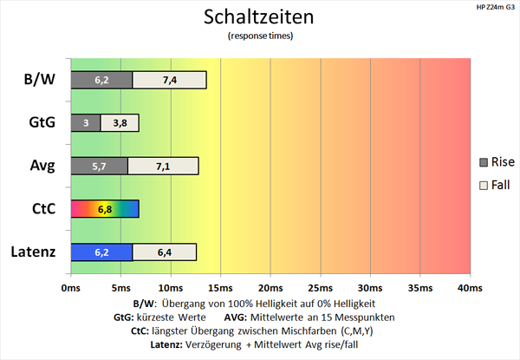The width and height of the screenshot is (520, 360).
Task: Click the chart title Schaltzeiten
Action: coord(259,17)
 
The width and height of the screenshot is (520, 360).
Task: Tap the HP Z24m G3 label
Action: coord(492,7)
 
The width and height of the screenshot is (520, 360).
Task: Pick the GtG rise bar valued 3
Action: coord(85,123)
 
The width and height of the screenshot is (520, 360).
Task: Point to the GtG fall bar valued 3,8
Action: coord(120,123)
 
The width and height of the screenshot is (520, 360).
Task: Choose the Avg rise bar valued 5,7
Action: coord(99,166)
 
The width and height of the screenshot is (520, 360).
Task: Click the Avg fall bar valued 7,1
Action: coord(163,166)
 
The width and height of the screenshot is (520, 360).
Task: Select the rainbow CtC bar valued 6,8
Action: coord(104,209)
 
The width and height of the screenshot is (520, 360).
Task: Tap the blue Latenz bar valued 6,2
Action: coord(101,252)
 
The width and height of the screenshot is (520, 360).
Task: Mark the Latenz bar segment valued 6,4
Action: coord(165,252)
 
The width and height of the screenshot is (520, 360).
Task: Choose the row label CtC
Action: coord(42,209)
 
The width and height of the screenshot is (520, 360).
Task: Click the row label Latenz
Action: coord(35,252)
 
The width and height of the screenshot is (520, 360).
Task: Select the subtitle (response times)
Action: coord(259,36)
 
